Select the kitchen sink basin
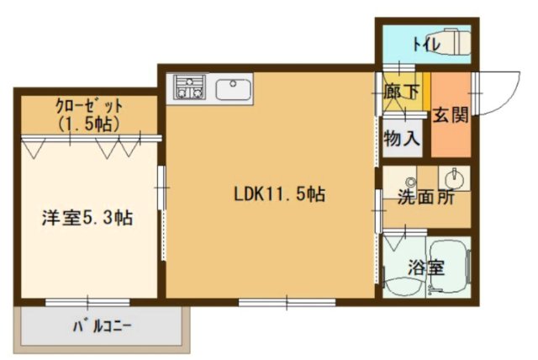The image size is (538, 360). [229, 87]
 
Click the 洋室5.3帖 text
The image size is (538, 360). [87, 218]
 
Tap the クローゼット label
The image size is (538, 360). [89, 107]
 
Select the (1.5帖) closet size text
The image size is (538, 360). [88, 123]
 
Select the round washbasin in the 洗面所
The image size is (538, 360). [453, 178]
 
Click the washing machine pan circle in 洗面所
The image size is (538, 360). [410, 182]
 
